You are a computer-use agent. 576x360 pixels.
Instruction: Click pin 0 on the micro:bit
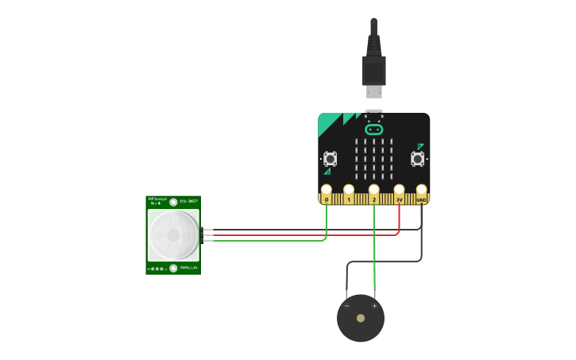click(x=326, y=191)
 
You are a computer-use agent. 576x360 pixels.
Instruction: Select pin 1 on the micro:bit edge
click(x=349, y=191)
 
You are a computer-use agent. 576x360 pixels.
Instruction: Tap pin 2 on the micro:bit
click(x=373, y=191)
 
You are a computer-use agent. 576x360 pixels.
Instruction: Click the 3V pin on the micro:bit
click(x=399, y=191)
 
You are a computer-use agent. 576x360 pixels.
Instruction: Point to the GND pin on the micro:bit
click(x=421, y=191)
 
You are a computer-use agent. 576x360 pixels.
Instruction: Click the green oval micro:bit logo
click(x=373, y=130)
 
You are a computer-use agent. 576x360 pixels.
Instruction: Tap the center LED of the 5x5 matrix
click(x=373, y=158)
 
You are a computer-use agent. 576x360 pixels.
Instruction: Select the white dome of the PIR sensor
click(x=173, y=234)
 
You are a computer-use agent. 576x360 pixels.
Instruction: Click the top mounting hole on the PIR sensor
click(x=173, y=203)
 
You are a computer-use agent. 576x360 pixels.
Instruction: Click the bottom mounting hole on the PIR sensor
click(x=173, y=269)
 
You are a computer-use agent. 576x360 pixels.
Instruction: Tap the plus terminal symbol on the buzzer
click(x=375, y=306)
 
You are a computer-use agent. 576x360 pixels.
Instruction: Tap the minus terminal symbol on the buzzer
click(x=346, y=306)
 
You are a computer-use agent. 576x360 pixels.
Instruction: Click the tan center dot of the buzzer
click(x=361, y=318)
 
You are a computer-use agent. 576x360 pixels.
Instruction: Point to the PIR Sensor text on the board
click(x=156, y=201)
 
